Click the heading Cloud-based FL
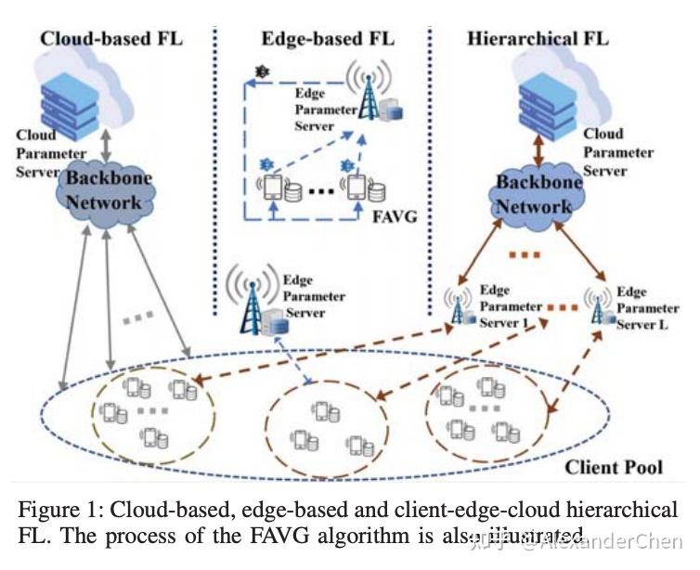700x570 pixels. [111, 38]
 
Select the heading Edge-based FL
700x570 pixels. [327, 38]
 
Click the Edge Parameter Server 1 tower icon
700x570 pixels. [458, 308]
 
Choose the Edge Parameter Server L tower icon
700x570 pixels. [596, 308]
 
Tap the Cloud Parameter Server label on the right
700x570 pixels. [618, 152]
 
